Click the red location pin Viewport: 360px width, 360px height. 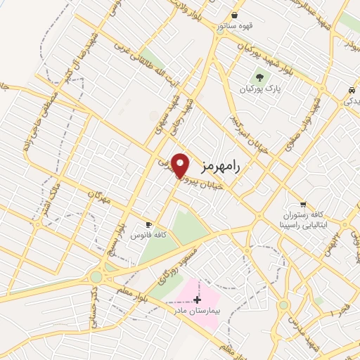click(x=181, y=165)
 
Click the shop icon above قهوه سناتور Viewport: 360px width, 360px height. click(x=234, y=14)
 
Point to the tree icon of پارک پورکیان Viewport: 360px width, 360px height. click(x=261, y=77)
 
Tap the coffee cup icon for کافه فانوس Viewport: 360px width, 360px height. click(x=148, y=224)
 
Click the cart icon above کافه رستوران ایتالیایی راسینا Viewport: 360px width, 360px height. click(x=302, y=204)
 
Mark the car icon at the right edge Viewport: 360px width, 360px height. click(x=350, y=91)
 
